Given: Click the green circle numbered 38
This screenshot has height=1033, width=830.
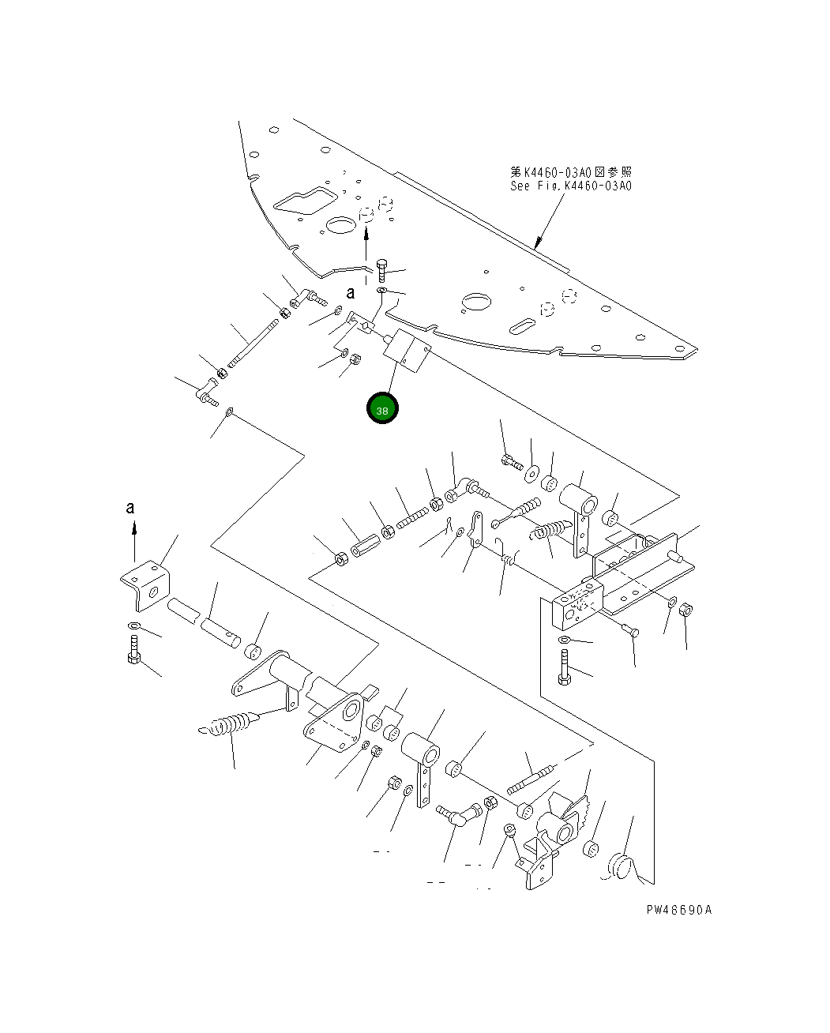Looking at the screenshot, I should (x=382, y=409).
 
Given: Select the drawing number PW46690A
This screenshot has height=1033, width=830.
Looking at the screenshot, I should (x=678, y=909).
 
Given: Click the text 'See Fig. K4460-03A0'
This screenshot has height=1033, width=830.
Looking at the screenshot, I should (x=570, y=186).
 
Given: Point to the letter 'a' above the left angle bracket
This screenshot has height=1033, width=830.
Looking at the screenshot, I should (x=131, y=508).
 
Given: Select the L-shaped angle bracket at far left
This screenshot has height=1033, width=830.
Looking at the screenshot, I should (x=145, y=585).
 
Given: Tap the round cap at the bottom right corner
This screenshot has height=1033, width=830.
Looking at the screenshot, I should (x=619, y=866).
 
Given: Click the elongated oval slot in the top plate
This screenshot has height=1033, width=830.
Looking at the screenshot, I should (x=520, y=325).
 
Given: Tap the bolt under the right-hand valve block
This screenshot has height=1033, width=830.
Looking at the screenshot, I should (x=565, y=667).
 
